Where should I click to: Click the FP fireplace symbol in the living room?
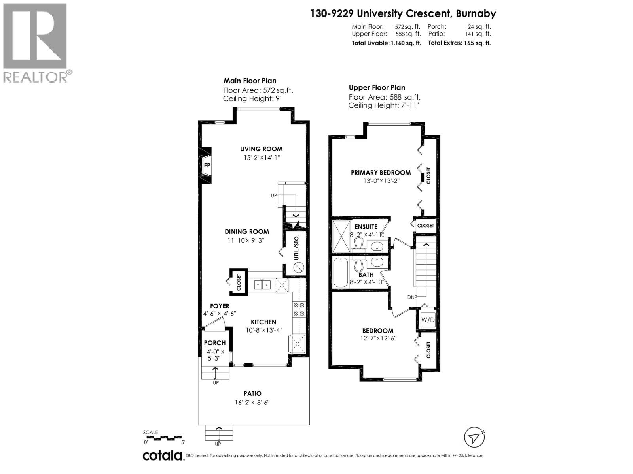pyautogui.click(x=207, y=166)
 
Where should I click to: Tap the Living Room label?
pyautogui.click(x=261, y=149)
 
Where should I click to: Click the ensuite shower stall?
pyautogui.click(x=341, y=236)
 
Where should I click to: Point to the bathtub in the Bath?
pyautogui.click(x=340, y=273)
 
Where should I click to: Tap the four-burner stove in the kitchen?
pyautogui.click(x=299, y=309)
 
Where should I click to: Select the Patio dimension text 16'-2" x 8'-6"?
pyautogui.click(x=252, y=403)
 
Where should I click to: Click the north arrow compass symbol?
pyautogui.click(x=474, y=437)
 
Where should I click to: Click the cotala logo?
pyautogui.click(x=162, y=455)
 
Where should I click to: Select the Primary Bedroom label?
pyautogui.click(x=381, y=173)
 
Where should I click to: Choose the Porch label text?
pyautogui.click(x=215, y=343)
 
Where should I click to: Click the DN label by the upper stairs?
pyautogui.click(x=410, y=297)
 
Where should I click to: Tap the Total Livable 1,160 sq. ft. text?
pyautogui.click(x=386, y=43)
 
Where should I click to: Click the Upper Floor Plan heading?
pyautogui.click(x=377, y=87)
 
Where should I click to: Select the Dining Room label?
pyautogui.click(x=247, y=232)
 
